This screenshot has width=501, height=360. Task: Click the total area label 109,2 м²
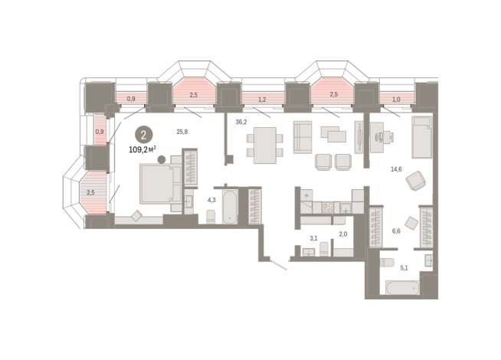[x=142, y=149]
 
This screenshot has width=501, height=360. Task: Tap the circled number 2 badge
[x=143, y=135]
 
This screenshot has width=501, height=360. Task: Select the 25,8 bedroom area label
[x=182, y=132]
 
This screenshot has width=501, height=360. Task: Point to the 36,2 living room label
[x=241, y=122]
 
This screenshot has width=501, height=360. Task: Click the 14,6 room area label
[x=396, y=169]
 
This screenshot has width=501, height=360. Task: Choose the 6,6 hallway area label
[x=396, y=231]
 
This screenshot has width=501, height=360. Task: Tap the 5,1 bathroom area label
[x=404, y=268]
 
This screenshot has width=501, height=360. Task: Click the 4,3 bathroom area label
[x=211, y=200]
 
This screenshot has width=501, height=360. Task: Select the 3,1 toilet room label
[x=314, y=238]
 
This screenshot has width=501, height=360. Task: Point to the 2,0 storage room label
[x=343, y=234]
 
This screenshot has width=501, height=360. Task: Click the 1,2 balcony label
[x=262, y=100]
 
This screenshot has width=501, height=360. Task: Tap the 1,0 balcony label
[x=396, y=100]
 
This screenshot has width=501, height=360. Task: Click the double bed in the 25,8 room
[x=161, y=184]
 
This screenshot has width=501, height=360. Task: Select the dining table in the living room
[x=265, y=146]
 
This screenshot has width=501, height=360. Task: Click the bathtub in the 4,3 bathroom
[x=230, y=207]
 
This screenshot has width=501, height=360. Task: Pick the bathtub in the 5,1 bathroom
[x=402, y=288]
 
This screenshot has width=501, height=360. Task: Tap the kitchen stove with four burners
[x=328, y=208]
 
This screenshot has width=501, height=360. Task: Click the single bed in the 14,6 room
[x=422, y=137]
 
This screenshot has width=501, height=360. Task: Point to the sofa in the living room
[x=303, y=137]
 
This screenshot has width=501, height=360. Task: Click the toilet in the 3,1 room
[x=324, y=249]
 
